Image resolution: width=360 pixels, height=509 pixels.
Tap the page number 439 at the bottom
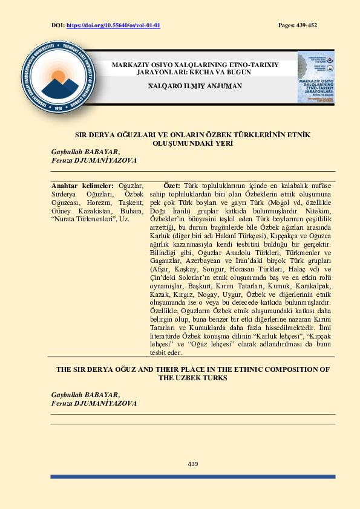(193, 464)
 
